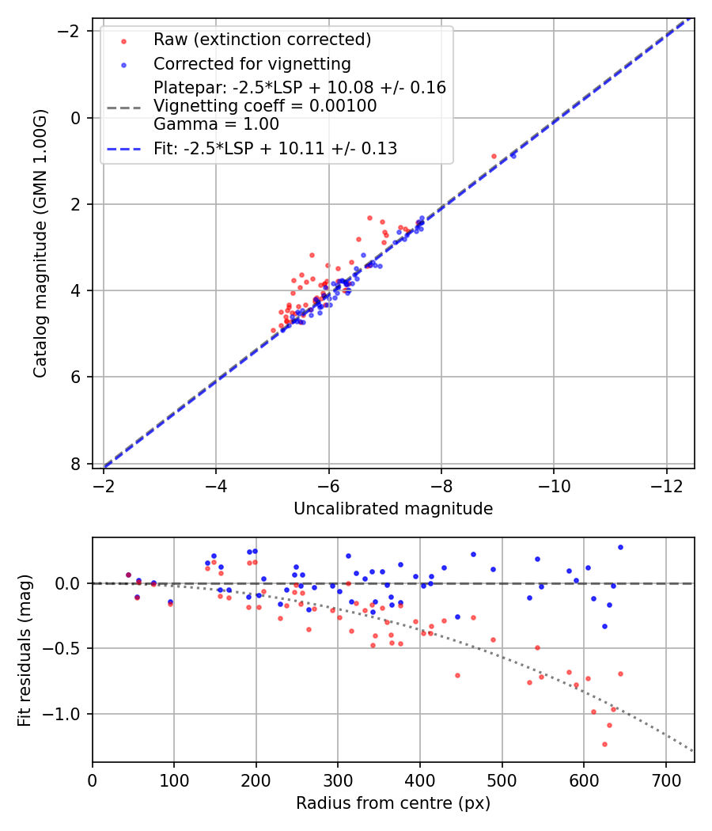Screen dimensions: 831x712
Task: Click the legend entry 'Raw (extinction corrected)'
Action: [x=262, y=40]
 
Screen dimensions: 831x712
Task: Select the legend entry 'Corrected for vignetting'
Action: [x=252, y=63]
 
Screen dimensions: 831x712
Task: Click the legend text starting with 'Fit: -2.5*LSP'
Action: [x=275, y=148]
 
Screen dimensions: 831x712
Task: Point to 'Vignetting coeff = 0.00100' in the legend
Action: [x=265, y=106]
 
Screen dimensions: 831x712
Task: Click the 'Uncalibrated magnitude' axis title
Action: [x=393, y=509]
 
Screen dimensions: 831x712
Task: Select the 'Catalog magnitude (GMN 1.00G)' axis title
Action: [x=41, y=243]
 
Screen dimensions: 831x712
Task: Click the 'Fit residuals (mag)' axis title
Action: [x=25, y=650]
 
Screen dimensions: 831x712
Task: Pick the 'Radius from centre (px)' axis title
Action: [x=393, y=803]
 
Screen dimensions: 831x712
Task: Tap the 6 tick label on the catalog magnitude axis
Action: [x=77, y=377]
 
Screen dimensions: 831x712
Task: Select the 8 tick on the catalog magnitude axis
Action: [x=77, y=464]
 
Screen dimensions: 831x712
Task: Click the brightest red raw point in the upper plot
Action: [x=494, y=156]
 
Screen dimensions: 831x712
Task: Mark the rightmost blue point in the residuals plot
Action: [x=620, y=547]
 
